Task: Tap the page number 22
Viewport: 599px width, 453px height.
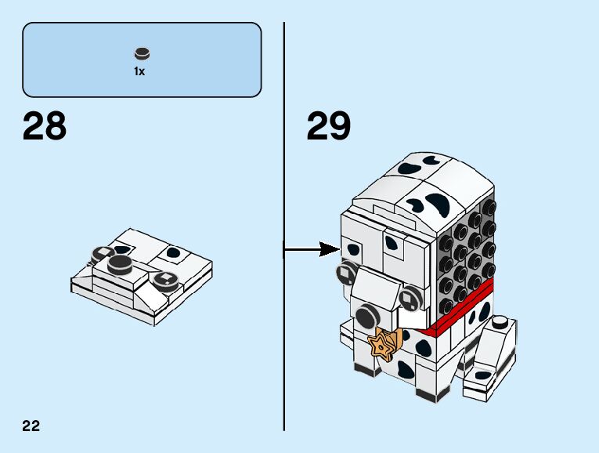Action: click(31, 426)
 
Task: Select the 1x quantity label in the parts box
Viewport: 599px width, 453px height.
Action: click(139, 71)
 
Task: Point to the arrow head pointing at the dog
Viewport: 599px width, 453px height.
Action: click(333, 250)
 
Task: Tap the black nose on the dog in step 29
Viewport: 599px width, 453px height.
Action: click(366, 317)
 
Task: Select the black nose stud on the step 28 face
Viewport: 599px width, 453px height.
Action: click(120, 263)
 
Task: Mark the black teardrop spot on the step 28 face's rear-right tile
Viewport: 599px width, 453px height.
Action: click(173, 253)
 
